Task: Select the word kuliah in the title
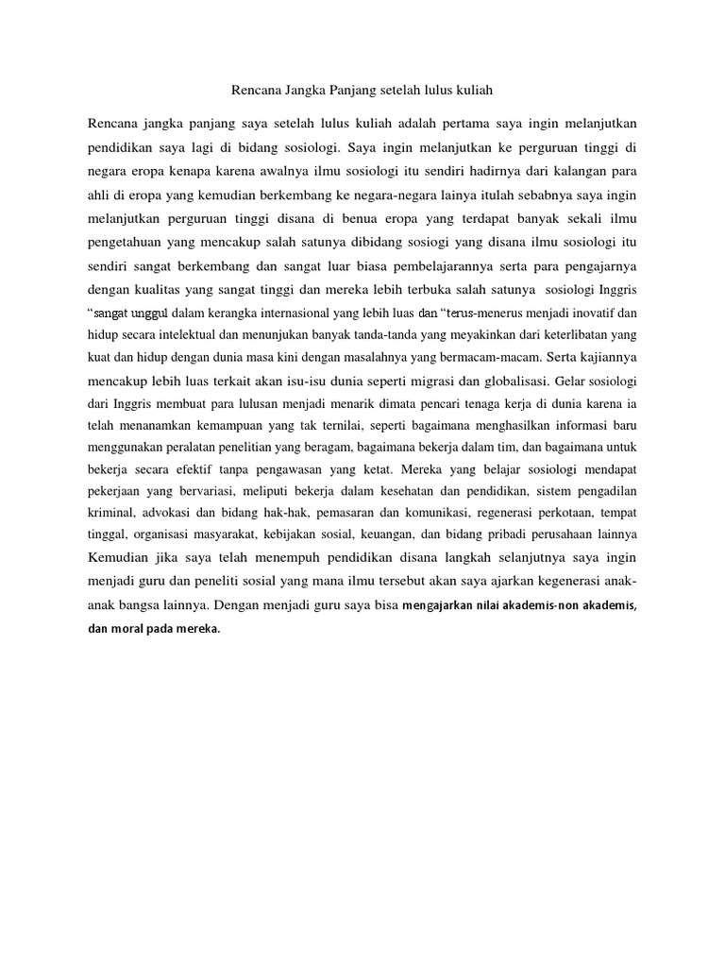coord(474,91)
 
